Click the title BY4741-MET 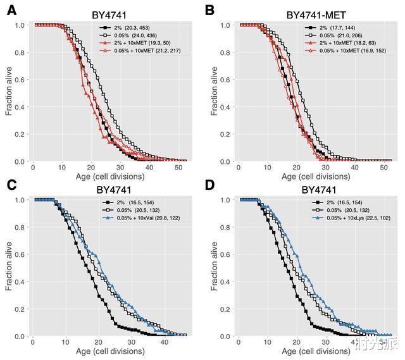click(x=315, y=14)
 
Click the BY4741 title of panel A click(x=109, y=14)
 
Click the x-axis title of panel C click(x=109, y=351)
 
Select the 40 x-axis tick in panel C click(x=164, y=343)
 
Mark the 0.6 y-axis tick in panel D click(x=230, y=254)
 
